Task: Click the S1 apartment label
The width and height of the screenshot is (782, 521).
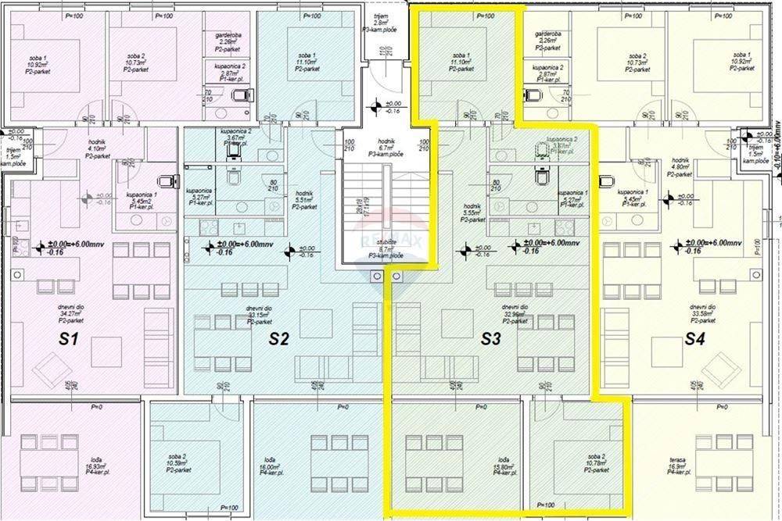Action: click(69, 339)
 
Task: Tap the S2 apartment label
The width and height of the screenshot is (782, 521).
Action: click(279, 339)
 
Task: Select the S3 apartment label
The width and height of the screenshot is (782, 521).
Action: click(490, 339)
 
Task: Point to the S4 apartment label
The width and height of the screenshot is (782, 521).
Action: click(695, 339)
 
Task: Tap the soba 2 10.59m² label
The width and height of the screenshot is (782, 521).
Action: click(176, 463)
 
